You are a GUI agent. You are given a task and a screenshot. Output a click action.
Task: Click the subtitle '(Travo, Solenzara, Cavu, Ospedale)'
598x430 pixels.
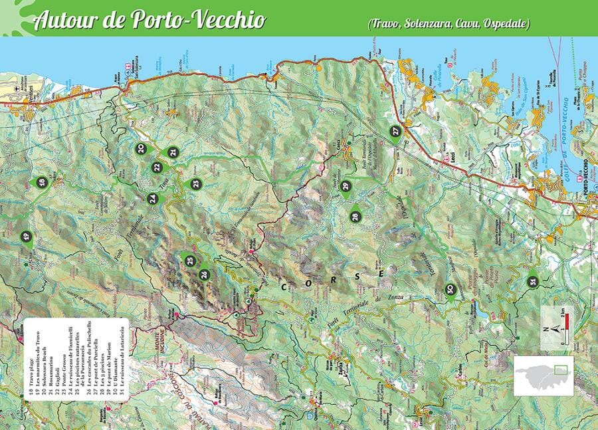click(448, 24)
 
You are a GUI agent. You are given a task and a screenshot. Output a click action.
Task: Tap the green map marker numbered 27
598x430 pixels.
click(396, 132)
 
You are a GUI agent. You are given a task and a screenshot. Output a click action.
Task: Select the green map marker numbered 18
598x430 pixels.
click(42, 182)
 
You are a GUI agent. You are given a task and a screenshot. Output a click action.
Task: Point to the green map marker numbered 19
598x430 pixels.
click(27, 237)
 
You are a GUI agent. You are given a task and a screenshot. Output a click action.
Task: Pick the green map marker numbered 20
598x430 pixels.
click(141, 149)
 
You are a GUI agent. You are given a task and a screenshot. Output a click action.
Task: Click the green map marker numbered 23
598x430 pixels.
click(195, 184)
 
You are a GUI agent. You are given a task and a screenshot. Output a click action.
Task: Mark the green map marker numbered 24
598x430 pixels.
click(153, 198)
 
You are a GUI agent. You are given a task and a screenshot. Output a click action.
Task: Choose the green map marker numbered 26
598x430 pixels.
click(204, 273)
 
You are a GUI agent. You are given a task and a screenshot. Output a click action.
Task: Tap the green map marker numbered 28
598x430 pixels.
click(355, 216)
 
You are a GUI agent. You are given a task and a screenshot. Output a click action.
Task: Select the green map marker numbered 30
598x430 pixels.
click(450, 290)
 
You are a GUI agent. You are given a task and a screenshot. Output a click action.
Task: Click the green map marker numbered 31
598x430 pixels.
click(532, 281)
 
